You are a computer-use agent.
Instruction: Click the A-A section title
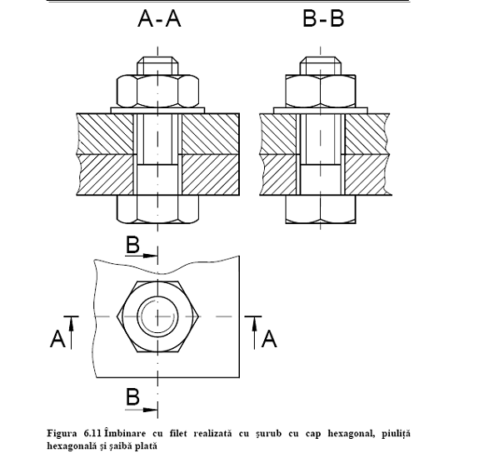pyautogui.click(x=159, y=18)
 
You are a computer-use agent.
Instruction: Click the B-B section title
pyautogui.click(x=323, y=18)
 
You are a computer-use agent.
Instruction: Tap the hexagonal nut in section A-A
pyautogui.click(x=157, y=91)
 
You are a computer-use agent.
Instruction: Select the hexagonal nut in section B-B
pyautogui.click(x=321, y=91)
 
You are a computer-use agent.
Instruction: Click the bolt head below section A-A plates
pyautogui.click(x=157, y=210)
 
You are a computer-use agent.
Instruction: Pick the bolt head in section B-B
pyautogui.click(x=321, y=210)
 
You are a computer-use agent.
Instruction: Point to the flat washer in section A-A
pyautogui.click(x=157, y=111)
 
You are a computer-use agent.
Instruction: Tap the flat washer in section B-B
pyautogui.click(x=321, y=111)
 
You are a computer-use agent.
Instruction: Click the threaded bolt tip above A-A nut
pyautogui.click(x=157, y=66)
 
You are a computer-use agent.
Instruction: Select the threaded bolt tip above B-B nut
pyautogui.click(x=321, y=66)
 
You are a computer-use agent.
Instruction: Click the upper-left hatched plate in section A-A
pyautogui.click(x=105, y=134)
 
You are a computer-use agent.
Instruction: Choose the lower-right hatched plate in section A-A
pyautogui.click(x=211, y=175)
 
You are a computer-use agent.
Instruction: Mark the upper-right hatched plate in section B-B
pyautogui.click(x=367, y=134)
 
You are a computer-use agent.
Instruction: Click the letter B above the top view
pyautogui.click(x=132, y=245)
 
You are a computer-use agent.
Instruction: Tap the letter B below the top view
pyautogui.click(x=132, y=397)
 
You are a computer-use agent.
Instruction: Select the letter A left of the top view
pyautogui.click(x=57, y=339)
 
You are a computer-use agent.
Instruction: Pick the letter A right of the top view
pyautogui.click(x=269, y=339)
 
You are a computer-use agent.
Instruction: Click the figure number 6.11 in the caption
pyautogui.click(x=92, y=433)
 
